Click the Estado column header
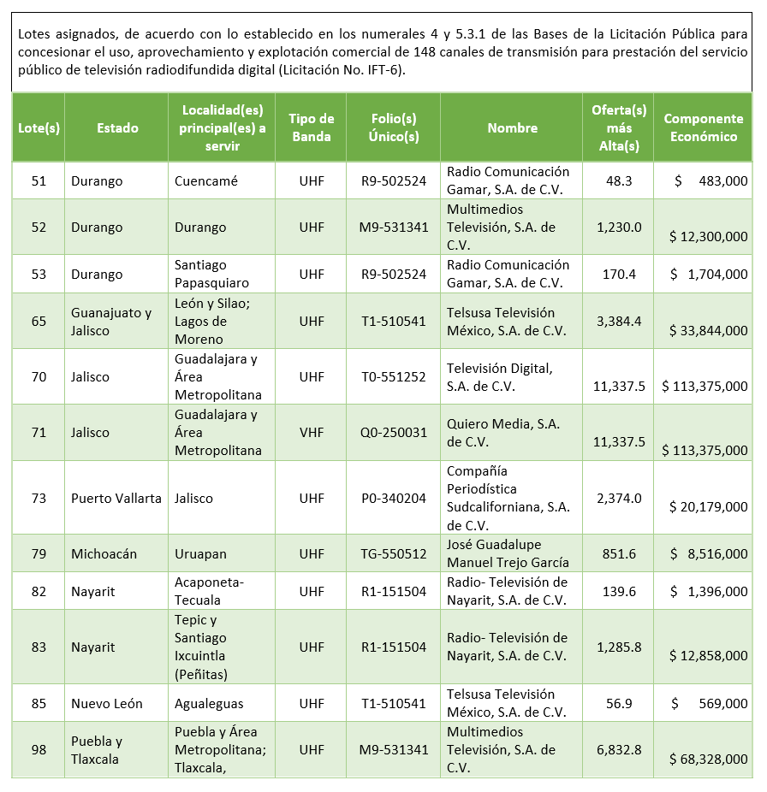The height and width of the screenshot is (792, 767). coord(117,128)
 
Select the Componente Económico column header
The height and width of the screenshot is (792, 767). coord(703,128)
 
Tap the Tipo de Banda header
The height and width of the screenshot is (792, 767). coord(311,128)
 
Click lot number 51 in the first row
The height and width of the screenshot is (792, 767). coord(39,181)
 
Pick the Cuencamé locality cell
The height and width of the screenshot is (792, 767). coord(206,181)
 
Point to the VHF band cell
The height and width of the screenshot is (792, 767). coord(312,433)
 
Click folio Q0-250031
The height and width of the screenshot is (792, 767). coord(393,433)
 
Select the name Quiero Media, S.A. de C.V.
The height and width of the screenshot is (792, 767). coord(503,433)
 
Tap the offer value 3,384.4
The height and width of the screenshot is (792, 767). coord(619,322)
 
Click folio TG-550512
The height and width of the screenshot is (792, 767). coord(393,554)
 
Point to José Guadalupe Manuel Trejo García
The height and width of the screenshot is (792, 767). coord(508,554)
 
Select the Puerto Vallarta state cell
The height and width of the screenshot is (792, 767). coord(116,499)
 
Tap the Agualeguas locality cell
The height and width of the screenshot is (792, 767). coord(209,704)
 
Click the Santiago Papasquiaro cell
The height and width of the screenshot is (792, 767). coord(212,275)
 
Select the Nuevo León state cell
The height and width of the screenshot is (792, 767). coord(107,704)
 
